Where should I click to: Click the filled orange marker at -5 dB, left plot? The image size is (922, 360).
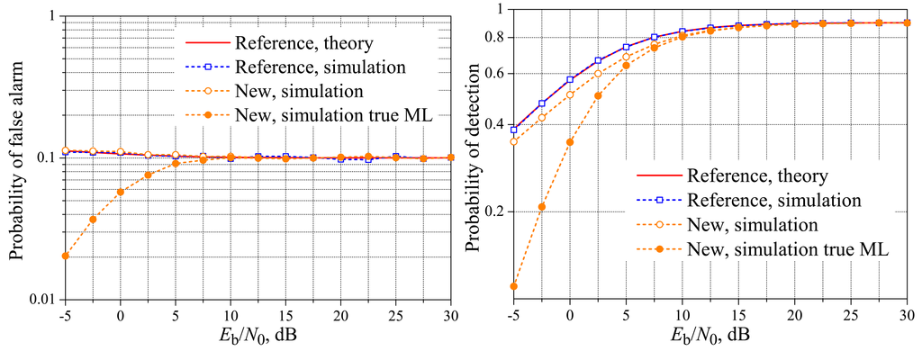pos(65,256)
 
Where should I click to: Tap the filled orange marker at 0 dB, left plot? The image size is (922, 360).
pos(120,192)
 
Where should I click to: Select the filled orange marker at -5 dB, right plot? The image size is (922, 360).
pos(513,286)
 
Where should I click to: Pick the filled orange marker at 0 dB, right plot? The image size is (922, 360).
pos(569,142)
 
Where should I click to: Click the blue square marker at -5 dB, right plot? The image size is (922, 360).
pos(513,129)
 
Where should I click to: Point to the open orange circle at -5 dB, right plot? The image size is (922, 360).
pos(513,141)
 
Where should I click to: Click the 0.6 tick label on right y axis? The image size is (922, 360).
pos(493,74)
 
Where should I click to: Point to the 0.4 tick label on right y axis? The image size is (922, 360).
pos(493,124)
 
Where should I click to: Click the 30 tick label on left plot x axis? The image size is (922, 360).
pos(450,318)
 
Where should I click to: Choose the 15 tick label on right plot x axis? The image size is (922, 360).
pos(737,318)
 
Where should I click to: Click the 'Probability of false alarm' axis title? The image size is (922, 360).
pos(15,157)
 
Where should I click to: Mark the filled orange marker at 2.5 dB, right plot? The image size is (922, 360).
pos(598,95)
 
